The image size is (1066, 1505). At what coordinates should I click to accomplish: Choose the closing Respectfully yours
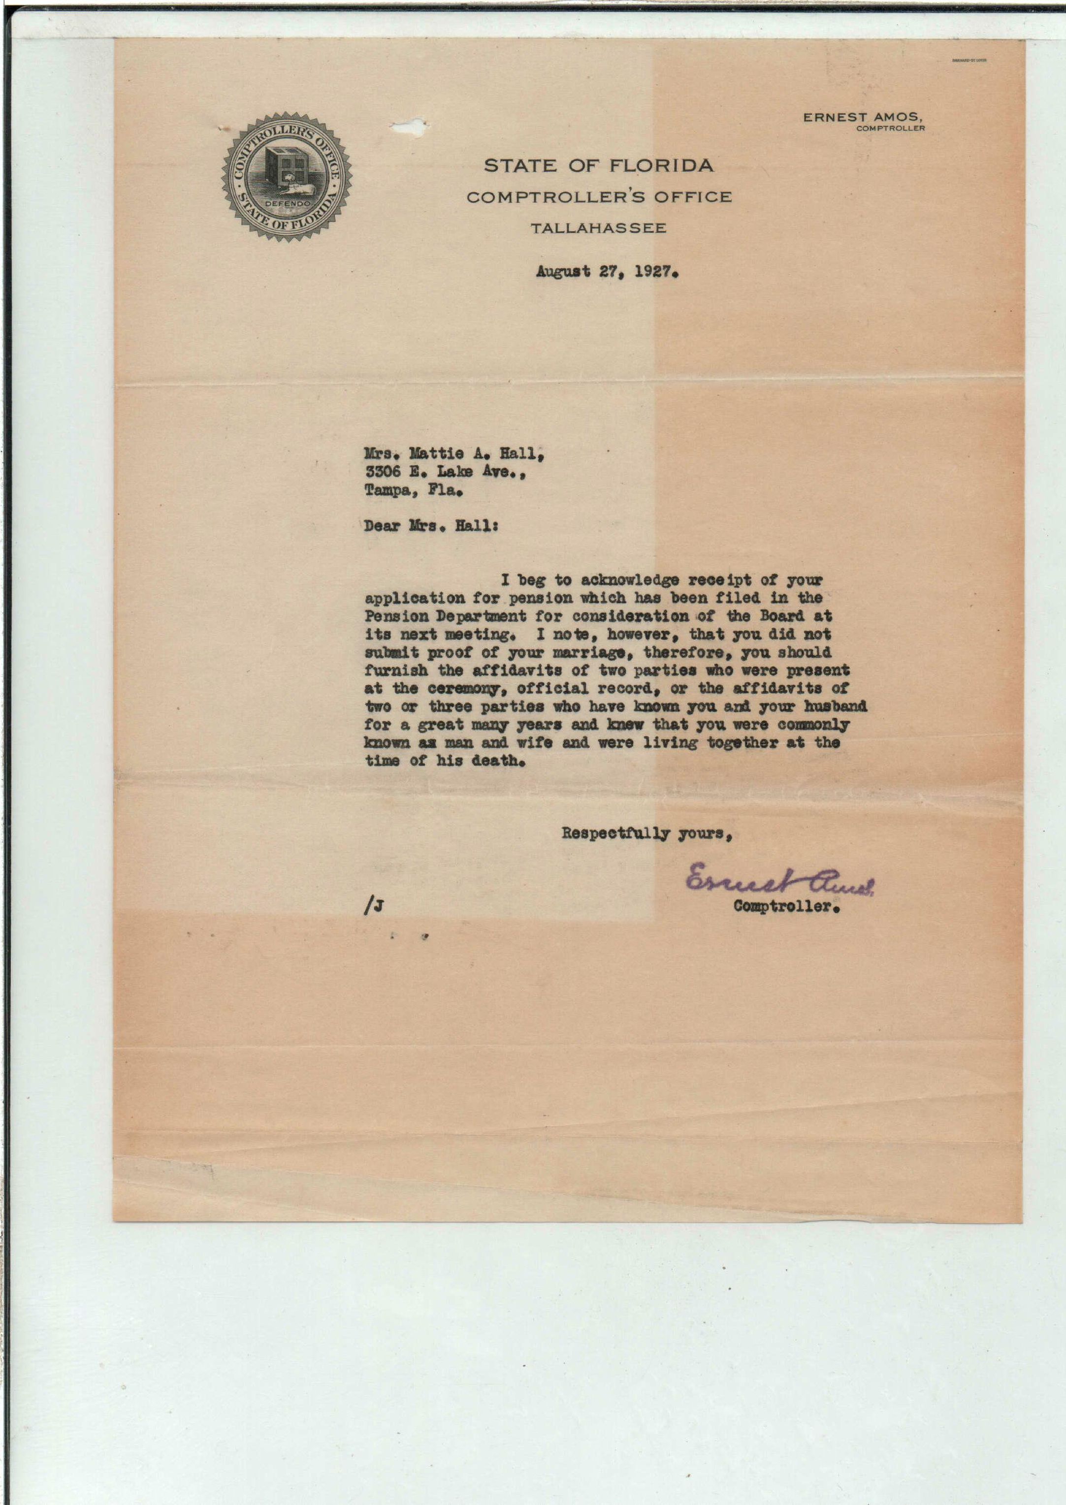tap(646, 833)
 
